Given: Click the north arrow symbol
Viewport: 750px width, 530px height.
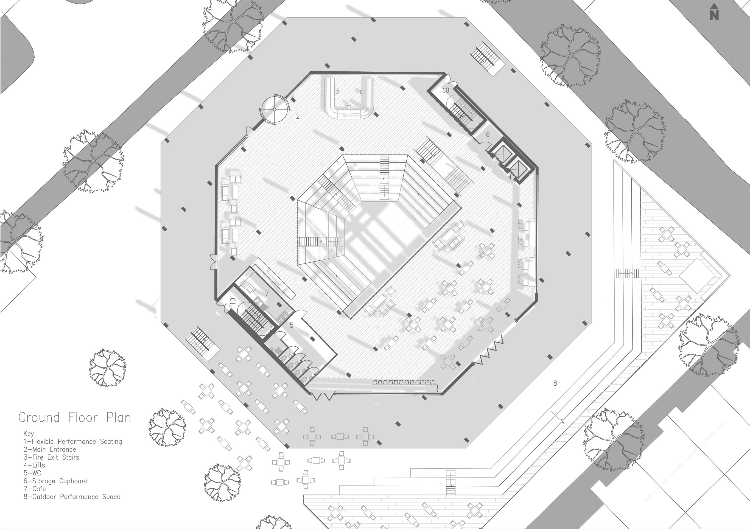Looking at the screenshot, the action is tap(714, 13).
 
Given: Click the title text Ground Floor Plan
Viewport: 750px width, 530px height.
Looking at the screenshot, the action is tap(74, 418).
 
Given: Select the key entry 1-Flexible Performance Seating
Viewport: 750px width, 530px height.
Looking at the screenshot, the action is tap(72, 442).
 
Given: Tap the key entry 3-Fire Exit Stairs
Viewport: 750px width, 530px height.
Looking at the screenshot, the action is tap(51, 457).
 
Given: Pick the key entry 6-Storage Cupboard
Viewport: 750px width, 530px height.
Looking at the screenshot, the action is tap(55, 481).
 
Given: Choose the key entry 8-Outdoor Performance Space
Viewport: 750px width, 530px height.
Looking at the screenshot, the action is tap(72, 497).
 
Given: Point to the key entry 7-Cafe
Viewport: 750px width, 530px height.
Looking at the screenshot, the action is tap(35, 489).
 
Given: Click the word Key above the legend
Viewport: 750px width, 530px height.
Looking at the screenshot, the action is tap(29, 434).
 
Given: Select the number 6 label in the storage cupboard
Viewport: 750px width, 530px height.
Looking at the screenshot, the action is tap(488, 134).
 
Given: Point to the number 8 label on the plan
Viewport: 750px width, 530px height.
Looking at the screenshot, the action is tap(555, 383).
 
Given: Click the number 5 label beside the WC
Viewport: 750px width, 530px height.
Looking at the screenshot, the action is tap(291, 325).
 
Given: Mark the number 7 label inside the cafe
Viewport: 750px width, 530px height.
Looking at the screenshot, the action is tap(267, 293).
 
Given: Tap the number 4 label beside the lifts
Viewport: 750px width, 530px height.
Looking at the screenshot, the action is tap(510, 177).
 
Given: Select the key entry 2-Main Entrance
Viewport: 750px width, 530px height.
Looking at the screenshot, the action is tap(50, 449).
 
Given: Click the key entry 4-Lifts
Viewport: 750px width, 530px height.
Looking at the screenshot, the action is tap(34, 465).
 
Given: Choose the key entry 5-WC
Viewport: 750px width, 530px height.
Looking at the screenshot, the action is tap(32, 473).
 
